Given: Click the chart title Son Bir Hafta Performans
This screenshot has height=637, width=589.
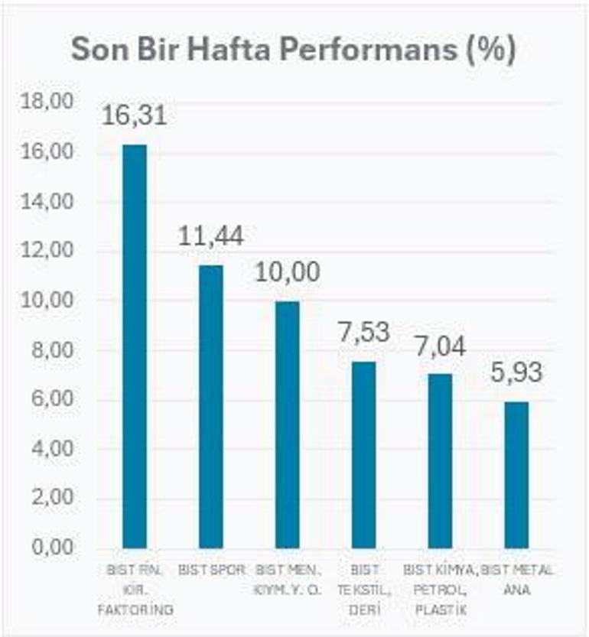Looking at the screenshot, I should point(294,50).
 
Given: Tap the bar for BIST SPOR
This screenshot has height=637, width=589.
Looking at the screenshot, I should point(211,406).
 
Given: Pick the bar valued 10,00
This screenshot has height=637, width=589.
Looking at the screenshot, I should point(288,424).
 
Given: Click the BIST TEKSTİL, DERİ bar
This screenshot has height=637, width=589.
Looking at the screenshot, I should point(363,455).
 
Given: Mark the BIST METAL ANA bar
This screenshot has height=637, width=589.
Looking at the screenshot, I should point(516,475).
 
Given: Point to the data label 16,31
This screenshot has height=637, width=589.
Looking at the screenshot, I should point(135,116).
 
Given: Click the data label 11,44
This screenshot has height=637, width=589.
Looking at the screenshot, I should point(211,236).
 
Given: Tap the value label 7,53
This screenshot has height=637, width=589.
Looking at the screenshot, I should point(363,333).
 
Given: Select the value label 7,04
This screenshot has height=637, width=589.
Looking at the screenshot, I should point(440,345).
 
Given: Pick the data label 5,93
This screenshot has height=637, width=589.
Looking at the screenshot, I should point(516,372).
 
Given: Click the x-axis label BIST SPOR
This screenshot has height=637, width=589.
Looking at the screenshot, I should point(211,570).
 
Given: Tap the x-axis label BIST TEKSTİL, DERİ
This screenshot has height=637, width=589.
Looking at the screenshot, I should point(363,590).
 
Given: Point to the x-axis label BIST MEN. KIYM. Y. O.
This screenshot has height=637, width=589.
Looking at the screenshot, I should point(288,579).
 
